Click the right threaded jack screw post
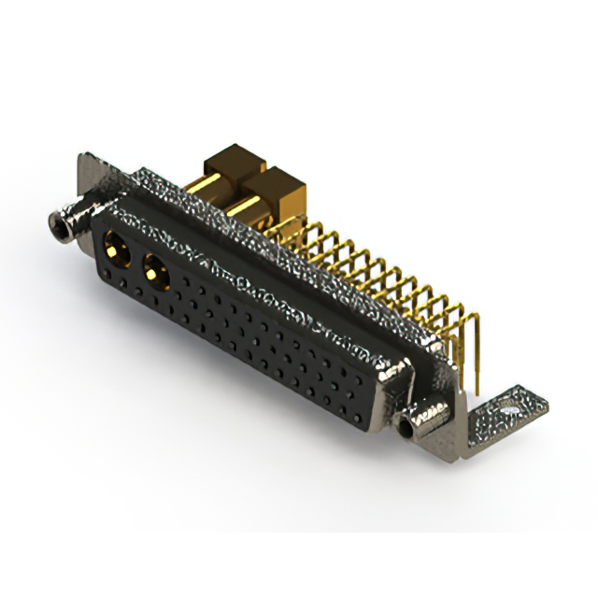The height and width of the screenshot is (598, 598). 413,426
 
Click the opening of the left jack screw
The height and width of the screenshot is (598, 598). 54,223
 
